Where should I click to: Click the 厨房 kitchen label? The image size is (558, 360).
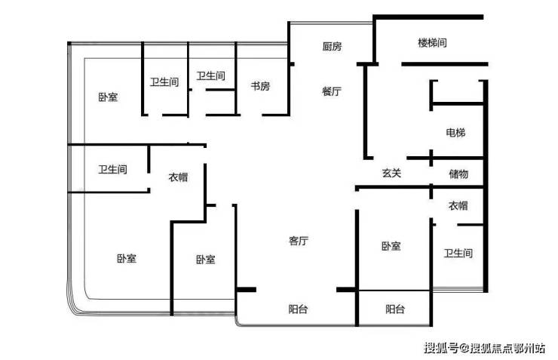tap(332, 46)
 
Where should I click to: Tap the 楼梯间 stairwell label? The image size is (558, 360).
tap(432, 43)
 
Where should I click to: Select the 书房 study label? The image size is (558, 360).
tap(260, 86)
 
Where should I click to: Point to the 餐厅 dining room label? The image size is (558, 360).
tap(331, 91)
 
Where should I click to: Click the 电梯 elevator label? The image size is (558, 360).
tap(455, 133)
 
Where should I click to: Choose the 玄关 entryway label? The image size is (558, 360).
tap(391, 173)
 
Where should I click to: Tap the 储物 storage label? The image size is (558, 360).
tap(458, 174)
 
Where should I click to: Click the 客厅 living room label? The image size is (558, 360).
tap(298, 241)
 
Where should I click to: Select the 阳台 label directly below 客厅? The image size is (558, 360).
tap(298, 309)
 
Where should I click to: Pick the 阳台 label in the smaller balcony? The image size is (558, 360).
tap(395, 309)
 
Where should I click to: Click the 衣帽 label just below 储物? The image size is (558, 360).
tap(458, 205)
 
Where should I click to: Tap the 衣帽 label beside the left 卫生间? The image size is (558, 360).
tap(178, 177)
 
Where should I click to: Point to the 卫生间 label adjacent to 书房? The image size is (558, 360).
tap(210, 75)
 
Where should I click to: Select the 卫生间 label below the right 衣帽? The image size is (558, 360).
tap(458, 253)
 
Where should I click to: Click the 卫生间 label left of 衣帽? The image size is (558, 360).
tap(112, 169)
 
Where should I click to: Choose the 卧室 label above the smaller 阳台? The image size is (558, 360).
tap(391, 246)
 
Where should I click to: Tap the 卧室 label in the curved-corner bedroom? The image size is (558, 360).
tap(127, 258)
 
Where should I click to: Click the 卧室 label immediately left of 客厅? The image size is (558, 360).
tap(206, 259)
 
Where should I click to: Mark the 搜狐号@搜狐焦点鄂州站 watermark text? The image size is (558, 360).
tap(484, 347)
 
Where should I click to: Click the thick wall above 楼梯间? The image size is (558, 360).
tap(428, 17)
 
